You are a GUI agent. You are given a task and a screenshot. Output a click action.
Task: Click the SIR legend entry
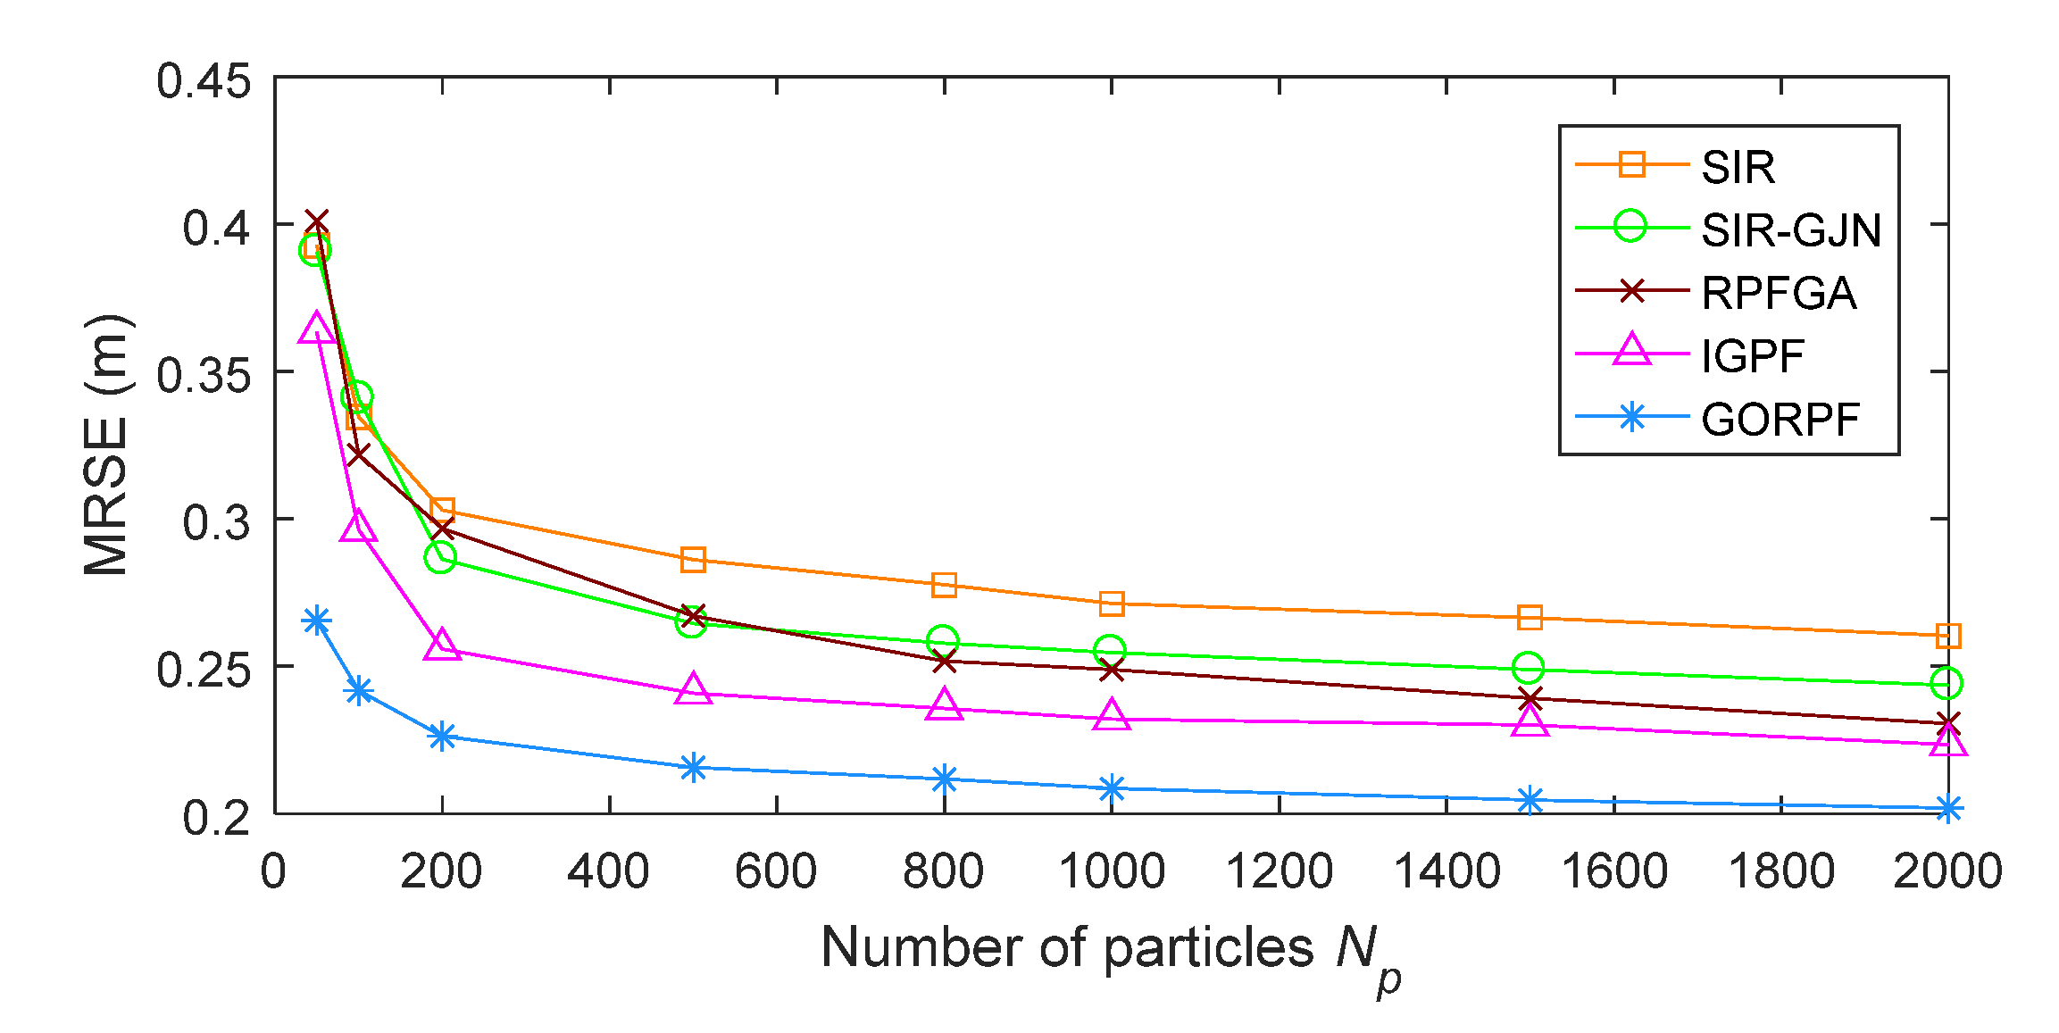(1737, 167)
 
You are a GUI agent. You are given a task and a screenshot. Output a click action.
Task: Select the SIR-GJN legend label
(1790, 230)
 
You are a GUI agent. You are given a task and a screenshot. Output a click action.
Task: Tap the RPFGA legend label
(1778, 294)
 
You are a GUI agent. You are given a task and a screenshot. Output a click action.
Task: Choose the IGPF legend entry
(1752, 357)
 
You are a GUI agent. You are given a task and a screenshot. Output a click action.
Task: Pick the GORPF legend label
(1780, 420)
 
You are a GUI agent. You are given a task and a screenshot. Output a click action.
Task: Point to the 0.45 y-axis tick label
(204, 81)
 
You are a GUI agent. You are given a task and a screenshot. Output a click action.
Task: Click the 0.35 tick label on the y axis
(204, 375)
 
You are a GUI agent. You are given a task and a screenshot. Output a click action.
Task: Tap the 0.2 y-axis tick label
(216, 817)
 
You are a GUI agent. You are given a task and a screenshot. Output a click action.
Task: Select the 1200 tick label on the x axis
(1279, 871)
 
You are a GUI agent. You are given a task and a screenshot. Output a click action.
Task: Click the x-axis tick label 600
(776, 871)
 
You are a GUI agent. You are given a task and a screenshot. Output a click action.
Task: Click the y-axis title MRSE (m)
(107, 445)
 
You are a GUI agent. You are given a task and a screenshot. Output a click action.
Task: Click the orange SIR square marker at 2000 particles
(1947, 636)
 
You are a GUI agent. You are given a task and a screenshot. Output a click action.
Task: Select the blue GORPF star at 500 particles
(693, 768)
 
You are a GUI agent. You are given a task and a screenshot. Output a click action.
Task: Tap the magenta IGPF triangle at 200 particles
(442, 646)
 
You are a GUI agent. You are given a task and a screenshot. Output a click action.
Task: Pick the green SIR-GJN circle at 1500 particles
(1529, 667)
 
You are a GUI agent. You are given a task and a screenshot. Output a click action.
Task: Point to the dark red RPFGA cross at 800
(944, 662)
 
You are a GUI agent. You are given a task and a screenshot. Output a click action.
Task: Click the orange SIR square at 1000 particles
(1112, 604)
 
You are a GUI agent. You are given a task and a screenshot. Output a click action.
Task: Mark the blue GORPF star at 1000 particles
(1112, 788)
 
